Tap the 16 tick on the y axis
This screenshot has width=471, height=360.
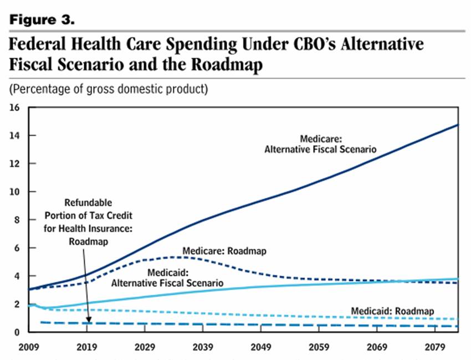(15, 107)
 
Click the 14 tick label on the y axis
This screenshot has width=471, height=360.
(15, 136)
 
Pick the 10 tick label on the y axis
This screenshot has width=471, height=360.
(15, 192)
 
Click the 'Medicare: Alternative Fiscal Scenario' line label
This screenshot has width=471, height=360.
(320, 144)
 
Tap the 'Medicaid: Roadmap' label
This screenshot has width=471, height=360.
(392, 311)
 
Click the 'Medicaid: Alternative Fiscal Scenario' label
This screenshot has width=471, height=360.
(167, 277)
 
